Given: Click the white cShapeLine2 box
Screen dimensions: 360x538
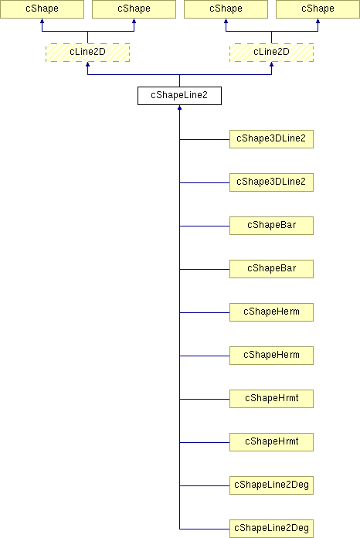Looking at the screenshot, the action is (179, 96).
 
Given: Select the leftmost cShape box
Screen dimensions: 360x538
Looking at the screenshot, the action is (42, 9).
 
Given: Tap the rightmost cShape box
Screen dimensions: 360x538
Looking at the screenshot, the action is (318, 9).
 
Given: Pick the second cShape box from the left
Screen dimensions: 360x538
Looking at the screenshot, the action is (134, 9).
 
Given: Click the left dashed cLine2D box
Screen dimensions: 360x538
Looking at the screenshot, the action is (88, 53).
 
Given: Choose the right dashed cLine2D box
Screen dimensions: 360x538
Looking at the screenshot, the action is (271, 53).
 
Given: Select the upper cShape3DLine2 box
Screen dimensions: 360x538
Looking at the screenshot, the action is (271, 139).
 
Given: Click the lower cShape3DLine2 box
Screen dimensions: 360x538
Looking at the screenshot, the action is (271, 182).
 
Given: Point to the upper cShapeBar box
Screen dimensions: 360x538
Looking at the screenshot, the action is (271, 226).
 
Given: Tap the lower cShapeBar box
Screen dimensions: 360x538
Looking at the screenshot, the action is (271, 269).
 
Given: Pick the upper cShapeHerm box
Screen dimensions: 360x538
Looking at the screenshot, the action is (271, 312).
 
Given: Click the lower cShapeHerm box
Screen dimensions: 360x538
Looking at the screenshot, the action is (271, 355).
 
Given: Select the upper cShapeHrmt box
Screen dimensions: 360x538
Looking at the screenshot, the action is (271, 398).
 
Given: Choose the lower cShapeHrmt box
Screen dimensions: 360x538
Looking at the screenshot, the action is (271, 441).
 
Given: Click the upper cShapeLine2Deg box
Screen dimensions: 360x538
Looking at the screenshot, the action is (271, 485).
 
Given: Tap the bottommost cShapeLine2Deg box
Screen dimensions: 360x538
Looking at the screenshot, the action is (271, 529).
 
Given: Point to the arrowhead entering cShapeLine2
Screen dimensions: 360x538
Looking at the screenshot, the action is (179, 107).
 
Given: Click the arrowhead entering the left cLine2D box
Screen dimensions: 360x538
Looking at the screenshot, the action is (88, 64).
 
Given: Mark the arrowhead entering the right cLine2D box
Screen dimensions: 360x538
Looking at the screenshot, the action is (271, 64).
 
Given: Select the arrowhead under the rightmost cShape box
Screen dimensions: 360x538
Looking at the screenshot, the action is (318, 21).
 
